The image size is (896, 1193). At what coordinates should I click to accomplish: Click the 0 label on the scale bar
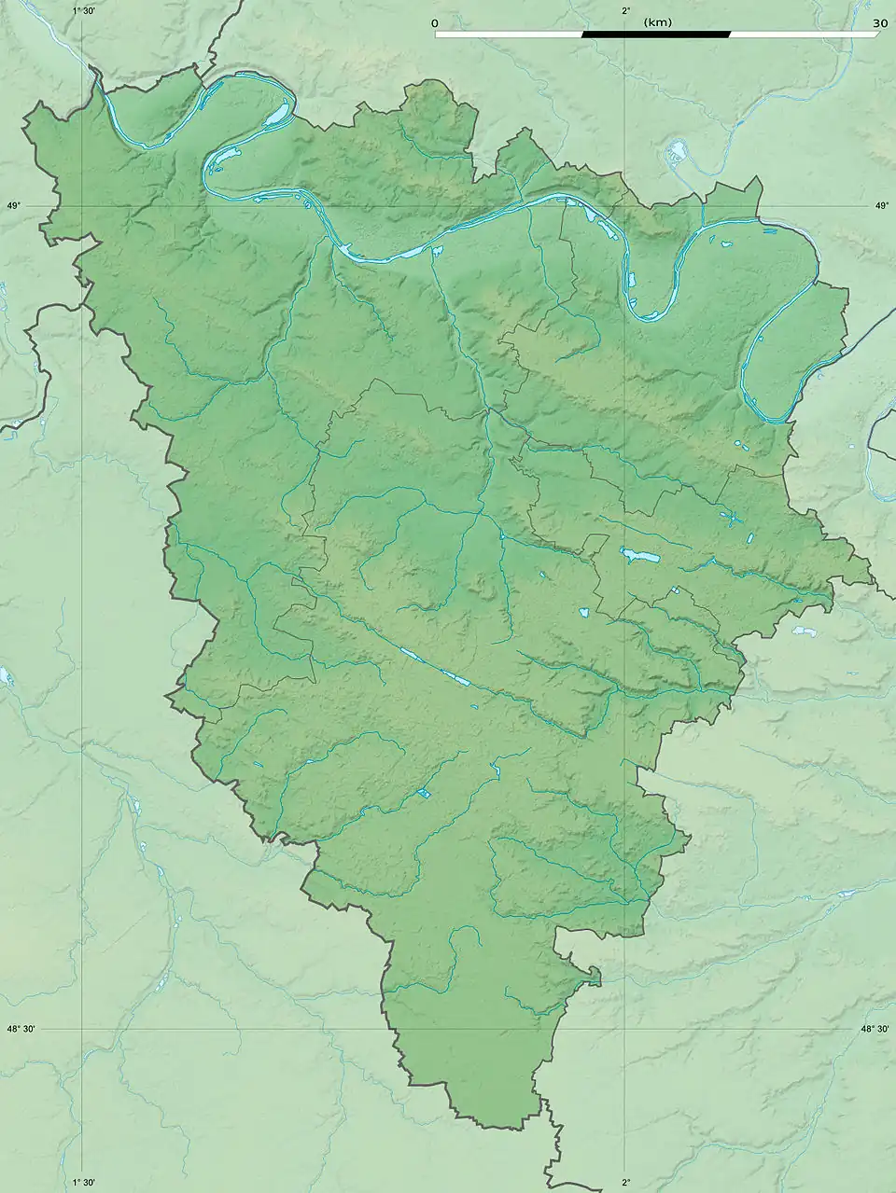435,22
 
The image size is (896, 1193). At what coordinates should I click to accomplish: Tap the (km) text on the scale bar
657,22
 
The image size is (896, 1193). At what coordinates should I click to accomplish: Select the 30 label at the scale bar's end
878,22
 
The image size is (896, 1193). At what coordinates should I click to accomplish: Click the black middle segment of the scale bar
656,35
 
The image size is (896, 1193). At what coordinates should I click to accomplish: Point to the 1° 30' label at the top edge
84,10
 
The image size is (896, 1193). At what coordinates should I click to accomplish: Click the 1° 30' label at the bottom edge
84,1183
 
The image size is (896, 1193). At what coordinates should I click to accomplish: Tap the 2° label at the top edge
625,10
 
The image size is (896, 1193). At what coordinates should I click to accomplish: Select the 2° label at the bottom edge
625,1183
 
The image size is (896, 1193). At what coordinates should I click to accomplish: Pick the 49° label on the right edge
882,206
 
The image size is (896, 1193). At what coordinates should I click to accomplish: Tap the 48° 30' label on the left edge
21,1029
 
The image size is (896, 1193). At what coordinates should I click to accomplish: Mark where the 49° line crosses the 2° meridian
624,206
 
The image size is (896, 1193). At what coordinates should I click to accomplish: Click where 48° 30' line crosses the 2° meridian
624,1029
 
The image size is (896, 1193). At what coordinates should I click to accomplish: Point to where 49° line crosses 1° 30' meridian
84,206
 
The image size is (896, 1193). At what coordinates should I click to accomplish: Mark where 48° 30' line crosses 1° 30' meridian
84,1029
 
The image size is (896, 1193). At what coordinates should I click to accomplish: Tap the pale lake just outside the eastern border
805,631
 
